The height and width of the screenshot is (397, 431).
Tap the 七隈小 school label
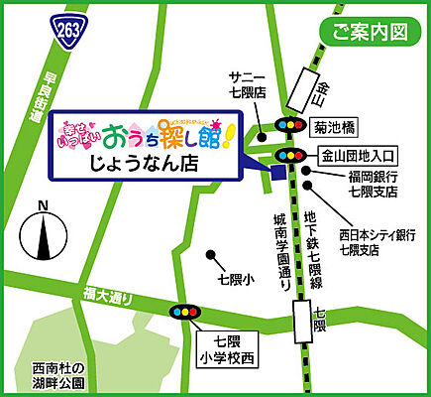[236, 281]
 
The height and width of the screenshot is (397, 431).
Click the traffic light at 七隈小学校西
[186, 313]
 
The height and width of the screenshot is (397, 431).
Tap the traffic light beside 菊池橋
[290, 126]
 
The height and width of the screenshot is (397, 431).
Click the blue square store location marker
[278, 171]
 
